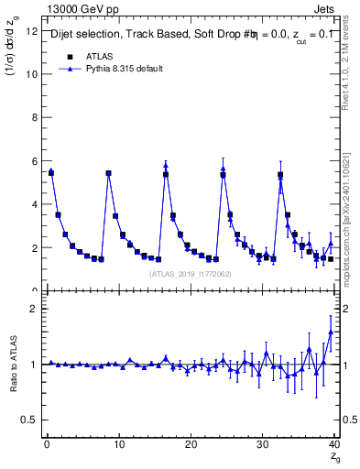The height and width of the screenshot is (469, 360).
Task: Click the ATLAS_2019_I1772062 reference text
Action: click(191, 274)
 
